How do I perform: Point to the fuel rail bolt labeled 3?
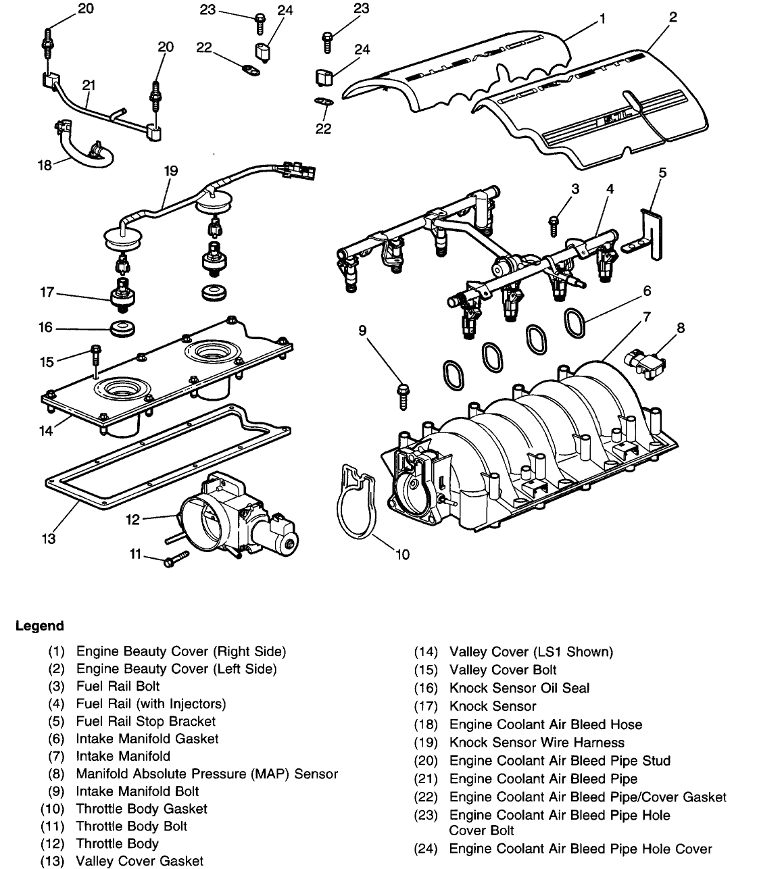[554, 224]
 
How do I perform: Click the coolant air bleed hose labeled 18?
[88, 149]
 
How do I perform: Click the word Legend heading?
[39, 626]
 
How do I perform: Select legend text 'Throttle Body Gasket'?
[141, 809]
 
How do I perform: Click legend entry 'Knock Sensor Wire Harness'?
[537, 743]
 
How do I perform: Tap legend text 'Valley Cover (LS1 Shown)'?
[531, 652]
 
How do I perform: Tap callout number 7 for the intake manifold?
[647, 316]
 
